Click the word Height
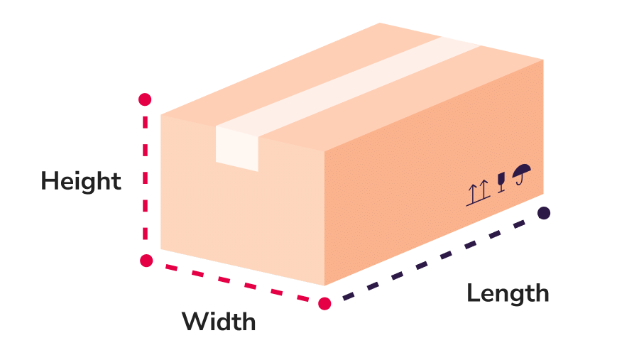[81, 181]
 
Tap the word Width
[219, 322]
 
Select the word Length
[508, 293]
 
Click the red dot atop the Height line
[146, 99]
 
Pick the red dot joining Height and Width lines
[146, 260]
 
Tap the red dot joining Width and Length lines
[324, 304]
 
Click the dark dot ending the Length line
[544, 213]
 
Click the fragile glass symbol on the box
[501, 182]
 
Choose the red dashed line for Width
[234, 283]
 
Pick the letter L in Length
[473, 293]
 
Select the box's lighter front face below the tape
[241, 213]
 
